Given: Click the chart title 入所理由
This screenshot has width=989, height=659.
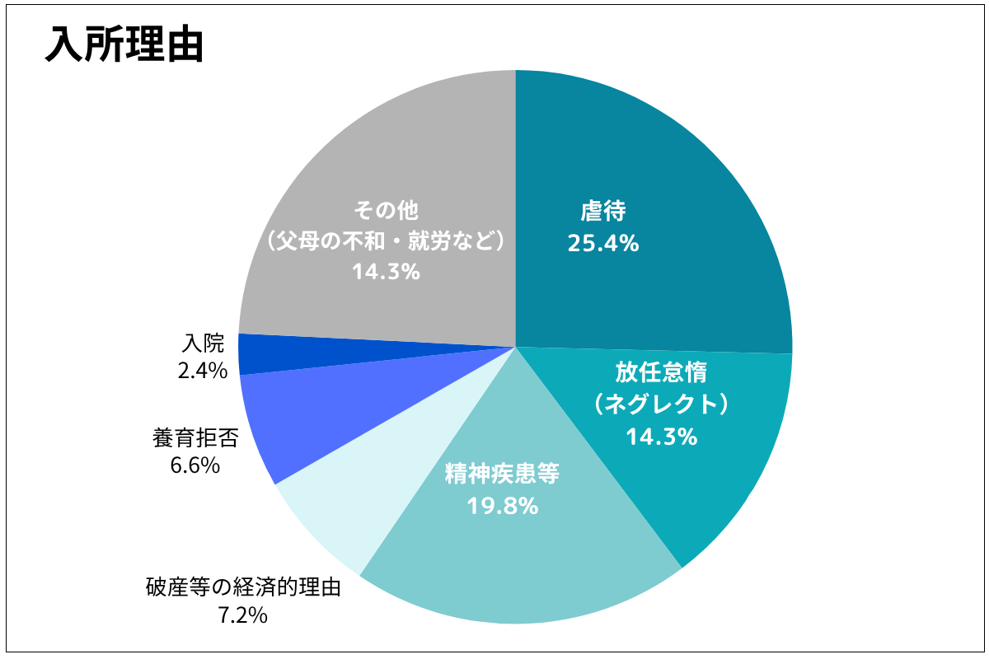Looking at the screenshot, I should (124, 45).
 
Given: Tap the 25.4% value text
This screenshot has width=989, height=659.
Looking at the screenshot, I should (603, 243).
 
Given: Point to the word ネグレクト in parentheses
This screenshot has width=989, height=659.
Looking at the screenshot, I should (662, 404).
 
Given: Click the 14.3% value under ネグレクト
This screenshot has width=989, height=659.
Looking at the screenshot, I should (662, 437).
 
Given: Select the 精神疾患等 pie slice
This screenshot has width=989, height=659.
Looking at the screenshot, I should (527, 560).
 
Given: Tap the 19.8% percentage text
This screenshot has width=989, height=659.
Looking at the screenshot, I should (503, 506).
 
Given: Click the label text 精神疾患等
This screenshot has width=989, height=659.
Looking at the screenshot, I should (503, 474).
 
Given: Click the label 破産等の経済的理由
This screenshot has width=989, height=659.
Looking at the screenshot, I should (243, 587).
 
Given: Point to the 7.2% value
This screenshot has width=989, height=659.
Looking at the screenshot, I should (243, 615).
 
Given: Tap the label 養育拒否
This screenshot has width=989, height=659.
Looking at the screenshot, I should (195, 437).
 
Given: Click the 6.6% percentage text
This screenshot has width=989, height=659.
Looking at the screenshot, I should (195, 465).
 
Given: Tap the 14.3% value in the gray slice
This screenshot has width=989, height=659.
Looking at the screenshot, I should (386, 271).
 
